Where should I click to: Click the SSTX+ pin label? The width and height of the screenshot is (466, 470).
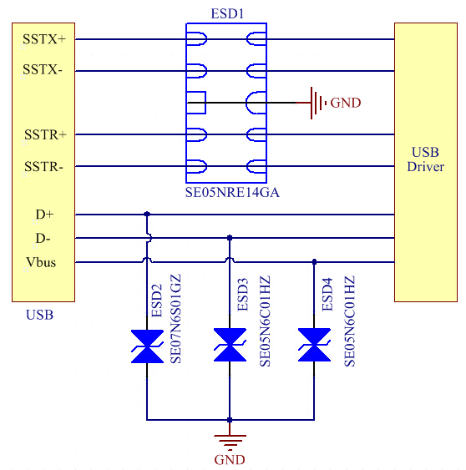click(44, 39)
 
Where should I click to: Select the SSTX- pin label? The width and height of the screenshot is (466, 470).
click(43, 70)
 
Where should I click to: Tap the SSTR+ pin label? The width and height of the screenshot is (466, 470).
click(44, 134)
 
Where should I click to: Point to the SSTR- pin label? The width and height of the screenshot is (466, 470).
click(43, 166)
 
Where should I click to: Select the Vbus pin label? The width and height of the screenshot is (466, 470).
click(41, 263)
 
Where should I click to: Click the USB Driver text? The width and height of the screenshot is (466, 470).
click(425, 159)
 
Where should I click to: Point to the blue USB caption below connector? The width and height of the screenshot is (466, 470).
click(39, 315)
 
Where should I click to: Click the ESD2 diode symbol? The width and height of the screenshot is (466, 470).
click(147, 347)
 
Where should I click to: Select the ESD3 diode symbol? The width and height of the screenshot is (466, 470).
click(230, 346)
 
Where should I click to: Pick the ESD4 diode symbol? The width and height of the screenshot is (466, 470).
click(314, 346)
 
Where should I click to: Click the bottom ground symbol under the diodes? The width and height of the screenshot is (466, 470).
click(230, 441)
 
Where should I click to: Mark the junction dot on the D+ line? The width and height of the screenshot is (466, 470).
click(147, 214)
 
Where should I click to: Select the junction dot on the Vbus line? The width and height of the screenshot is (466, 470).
click(314, 262)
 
